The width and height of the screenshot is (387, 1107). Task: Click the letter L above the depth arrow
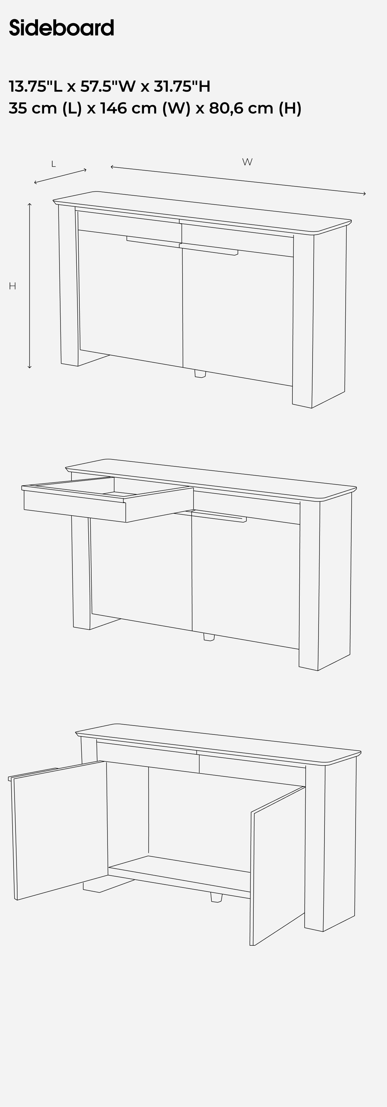pos(53,164)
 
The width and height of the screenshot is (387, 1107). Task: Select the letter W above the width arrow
pos(247,162)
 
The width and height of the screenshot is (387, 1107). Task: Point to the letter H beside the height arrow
pos(13,286)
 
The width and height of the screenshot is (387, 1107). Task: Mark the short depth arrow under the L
pos(60,176)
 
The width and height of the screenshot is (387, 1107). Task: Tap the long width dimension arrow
pos(238,180)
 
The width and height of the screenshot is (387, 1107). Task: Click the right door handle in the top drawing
pos(208,249)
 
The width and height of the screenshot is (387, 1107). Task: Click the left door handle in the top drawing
pos(153,242)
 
